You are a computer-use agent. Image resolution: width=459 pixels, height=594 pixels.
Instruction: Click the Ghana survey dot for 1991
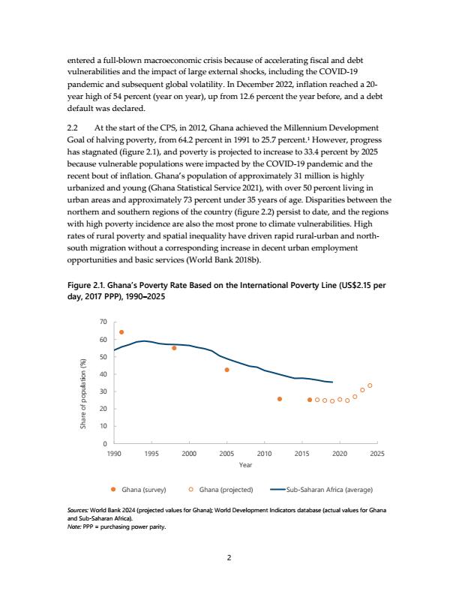121,332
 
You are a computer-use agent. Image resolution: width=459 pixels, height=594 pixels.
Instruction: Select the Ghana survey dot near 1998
174,348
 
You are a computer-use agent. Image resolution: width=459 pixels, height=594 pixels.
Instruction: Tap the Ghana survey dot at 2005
226,370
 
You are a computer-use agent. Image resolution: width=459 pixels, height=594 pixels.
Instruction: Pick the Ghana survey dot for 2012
280,399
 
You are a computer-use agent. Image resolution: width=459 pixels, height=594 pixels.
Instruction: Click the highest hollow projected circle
370,385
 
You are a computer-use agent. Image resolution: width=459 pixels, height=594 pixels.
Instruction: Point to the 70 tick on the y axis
103,322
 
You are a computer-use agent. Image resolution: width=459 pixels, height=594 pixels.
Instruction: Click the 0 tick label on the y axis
105,443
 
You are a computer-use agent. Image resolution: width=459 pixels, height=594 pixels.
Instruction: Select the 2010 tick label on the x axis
264,454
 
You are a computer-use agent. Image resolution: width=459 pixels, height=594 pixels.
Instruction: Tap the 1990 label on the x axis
114,454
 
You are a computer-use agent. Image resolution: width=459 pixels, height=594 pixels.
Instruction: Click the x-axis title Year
245,465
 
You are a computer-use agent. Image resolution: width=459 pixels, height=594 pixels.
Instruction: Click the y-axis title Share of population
83,394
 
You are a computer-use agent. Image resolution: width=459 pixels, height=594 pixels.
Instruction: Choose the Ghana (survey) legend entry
138,490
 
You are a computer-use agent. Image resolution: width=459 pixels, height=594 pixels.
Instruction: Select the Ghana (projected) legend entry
220,490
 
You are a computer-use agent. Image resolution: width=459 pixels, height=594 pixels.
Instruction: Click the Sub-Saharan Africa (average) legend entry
322,490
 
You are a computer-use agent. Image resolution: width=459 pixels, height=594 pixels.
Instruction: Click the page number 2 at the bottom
229,558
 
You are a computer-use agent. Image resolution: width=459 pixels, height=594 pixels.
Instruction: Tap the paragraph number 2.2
72,128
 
